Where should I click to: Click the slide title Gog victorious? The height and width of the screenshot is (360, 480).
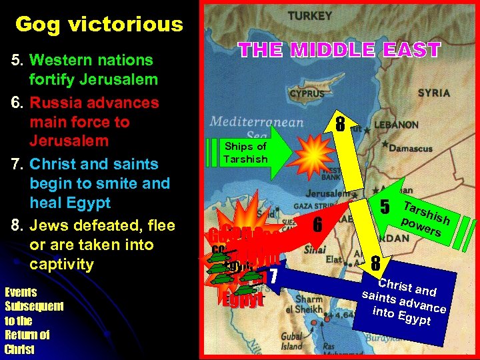(99, 25)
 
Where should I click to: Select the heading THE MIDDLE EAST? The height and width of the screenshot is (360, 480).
(339, 50)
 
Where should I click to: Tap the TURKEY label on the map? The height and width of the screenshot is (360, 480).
(310, 15)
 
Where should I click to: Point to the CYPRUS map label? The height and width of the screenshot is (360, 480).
(307, 94)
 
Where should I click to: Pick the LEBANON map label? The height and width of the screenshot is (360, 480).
(396, 125)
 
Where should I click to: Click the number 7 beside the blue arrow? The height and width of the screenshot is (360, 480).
(272, 274)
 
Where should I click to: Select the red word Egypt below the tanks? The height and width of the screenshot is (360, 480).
(243, 300)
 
